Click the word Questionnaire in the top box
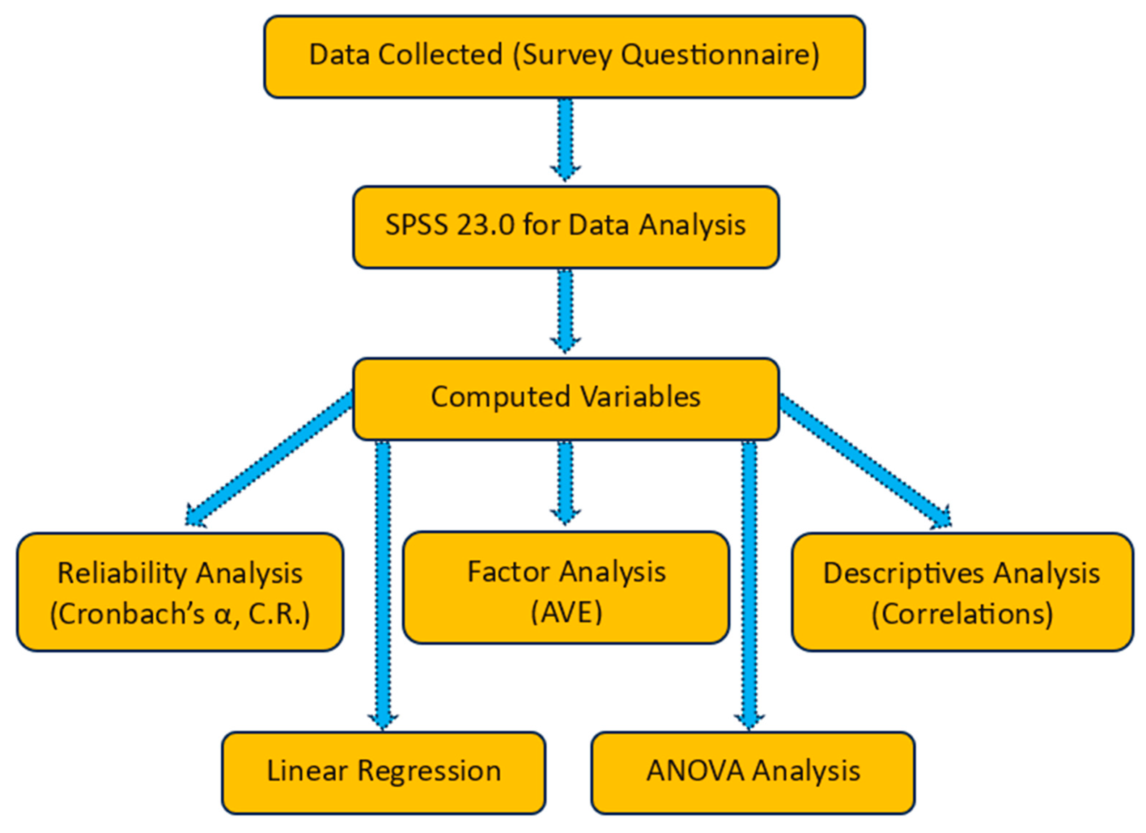pos(720,55)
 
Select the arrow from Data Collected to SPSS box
pos(565,139)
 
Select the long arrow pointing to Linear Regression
pos(383,581)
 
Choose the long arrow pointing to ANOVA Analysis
pos(749,581)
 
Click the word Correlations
pos(962,614)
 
